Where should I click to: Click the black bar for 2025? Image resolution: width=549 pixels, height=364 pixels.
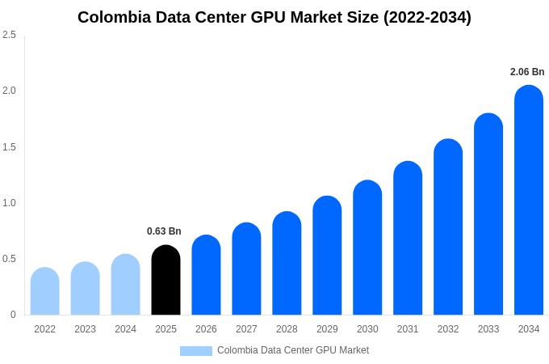[166, 280]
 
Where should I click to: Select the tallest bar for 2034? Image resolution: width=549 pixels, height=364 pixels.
[529, 200]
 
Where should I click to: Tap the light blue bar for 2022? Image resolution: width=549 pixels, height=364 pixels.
[44, 291]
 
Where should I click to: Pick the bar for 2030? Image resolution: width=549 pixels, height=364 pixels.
[367, 248]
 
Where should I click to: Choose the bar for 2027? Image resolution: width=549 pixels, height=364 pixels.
[246, 269]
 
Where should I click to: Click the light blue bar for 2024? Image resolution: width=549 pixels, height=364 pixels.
[125, 285]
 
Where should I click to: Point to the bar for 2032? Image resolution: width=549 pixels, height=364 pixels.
[448, 226]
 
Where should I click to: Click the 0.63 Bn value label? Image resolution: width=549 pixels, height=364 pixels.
[164, 231]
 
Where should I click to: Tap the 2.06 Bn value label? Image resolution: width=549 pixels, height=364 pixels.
[527, 72]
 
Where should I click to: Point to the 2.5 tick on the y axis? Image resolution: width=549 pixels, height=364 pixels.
[9, 35]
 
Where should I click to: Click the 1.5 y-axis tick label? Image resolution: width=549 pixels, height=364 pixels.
[9, 147]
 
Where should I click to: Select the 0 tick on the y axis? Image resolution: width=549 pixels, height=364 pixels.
[13, 315]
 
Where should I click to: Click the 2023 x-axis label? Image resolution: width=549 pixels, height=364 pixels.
[85, 329]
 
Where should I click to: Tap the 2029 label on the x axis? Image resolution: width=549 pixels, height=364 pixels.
[327, 329]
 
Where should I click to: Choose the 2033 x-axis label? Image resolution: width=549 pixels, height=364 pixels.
[488, 329]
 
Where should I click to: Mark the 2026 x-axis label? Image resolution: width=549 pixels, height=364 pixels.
[206, 329]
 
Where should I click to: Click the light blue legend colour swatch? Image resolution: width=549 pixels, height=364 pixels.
[195, 351]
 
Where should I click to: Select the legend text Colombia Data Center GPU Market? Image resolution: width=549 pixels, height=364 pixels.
[292, 350]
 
